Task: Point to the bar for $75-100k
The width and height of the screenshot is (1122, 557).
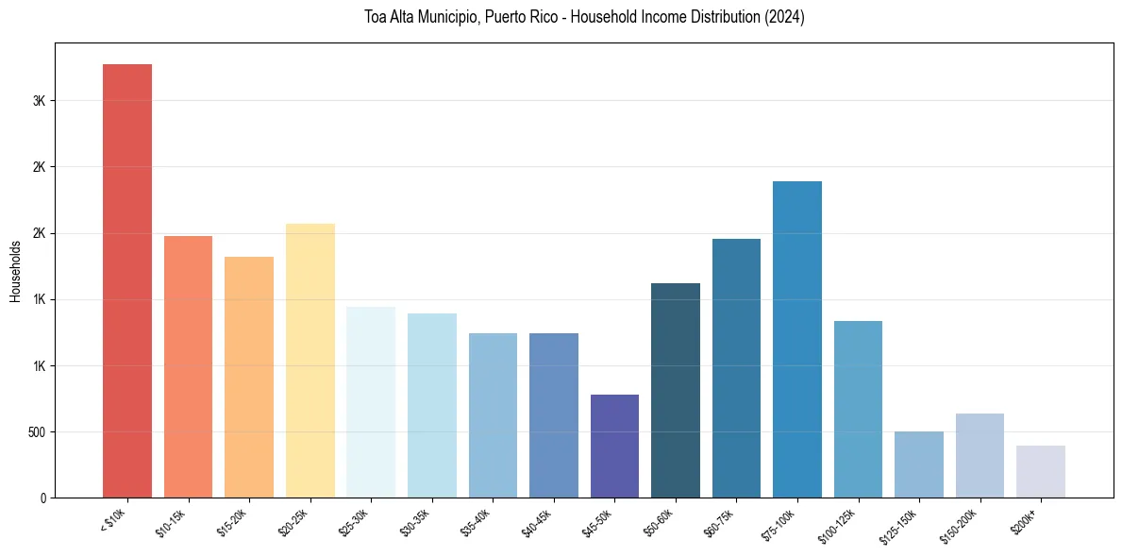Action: (x=796, y=339)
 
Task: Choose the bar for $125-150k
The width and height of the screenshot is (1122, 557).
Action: (x=918, y=464)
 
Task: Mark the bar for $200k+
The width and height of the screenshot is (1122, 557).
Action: (x=1040, y=471)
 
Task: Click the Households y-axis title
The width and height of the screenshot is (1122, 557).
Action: (x=16, y=271)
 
